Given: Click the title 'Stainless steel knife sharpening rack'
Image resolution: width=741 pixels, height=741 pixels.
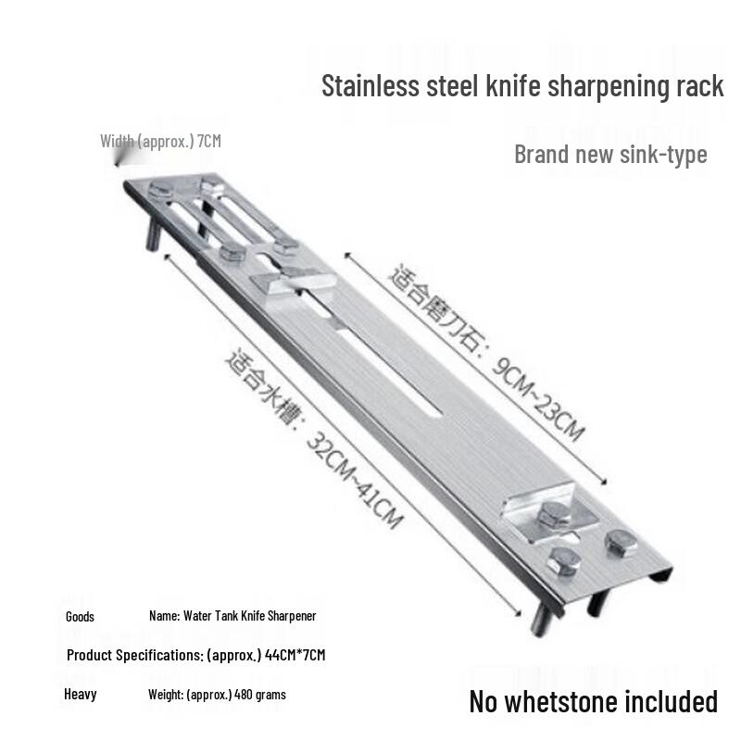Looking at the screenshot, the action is point(522,86).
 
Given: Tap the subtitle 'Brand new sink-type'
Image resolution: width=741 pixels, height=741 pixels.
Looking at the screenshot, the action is point(610,154).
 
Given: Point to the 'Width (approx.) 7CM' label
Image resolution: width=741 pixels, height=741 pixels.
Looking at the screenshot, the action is point(160,141).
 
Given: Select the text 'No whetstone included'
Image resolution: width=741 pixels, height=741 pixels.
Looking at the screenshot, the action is point(594,701).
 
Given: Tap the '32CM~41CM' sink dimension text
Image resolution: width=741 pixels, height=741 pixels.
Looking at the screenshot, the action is point(355,480).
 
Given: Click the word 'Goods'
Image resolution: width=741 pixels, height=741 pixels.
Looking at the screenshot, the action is point(80,617).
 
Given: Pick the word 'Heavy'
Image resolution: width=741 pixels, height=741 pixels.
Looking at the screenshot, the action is point(81,694).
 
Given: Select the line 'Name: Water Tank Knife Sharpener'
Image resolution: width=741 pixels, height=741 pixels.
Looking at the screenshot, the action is point(232,616).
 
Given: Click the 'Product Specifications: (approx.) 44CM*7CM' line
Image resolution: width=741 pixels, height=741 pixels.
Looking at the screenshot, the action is point(196,655).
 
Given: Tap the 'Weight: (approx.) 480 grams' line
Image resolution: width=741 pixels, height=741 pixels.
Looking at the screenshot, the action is point(217,695).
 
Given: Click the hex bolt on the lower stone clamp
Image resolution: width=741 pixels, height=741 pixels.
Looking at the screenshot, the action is point(553,515).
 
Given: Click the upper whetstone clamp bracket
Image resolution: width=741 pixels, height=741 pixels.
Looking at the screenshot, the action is point(293,283).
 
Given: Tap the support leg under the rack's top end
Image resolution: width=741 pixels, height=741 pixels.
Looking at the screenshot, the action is point(153,234).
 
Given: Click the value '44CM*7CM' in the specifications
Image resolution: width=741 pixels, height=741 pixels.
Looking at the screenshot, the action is point(295,655).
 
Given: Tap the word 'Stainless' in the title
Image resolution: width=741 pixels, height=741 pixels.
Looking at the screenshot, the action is point(370,86).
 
